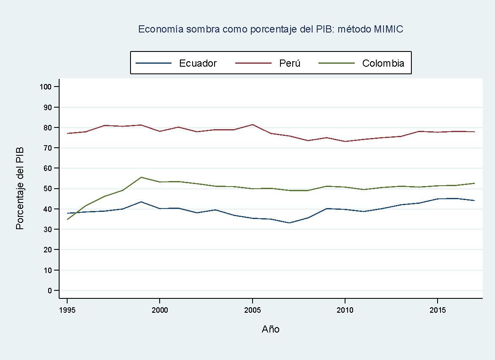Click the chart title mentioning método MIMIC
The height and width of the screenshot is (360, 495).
coord(271,29)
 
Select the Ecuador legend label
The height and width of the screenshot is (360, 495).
coord(198,63)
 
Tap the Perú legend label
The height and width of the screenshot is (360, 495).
coord(290,63)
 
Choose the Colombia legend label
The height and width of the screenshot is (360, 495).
coord(383,63)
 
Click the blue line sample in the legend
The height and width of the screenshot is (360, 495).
coord(153,63)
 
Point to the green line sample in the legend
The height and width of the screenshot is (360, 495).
coord(337,63)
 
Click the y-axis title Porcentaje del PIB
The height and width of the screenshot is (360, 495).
coord(19,188)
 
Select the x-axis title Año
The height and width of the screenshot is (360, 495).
coord(270,329)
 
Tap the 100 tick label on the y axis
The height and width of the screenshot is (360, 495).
coord(46,87)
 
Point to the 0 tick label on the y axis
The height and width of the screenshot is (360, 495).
coord(50,290)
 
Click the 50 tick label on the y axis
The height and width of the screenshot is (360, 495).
coord(47,189)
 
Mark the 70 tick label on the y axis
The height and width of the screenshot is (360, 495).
coord(47,148)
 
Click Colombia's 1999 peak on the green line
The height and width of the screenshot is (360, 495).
coord(141,177)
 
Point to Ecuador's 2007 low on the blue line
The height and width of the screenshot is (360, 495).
coord(289,223)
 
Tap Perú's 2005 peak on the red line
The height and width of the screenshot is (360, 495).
coord(252,125)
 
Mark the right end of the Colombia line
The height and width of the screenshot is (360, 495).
coord(474,183)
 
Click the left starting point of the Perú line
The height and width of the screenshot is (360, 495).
coord(67,133)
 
